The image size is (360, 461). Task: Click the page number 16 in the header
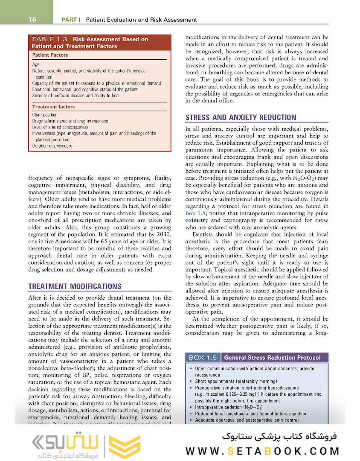point(32,20)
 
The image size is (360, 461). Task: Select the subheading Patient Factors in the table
point(50,55)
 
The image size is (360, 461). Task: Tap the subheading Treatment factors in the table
point(53,107)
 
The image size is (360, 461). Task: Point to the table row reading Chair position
point(45,115)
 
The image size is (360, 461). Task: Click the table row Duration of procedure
point(52,146)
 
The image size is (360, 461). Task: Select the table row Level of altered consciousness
point(60,127)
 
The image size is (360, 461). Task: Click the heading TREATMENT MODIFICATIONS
point(75,286)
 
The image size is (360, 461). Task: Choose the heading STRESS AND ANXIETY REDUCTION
point(241,117)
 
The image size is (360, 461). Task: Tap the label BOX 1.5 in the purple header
point(203,357)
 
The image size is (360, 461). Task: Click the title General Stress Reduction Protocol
point(273,357)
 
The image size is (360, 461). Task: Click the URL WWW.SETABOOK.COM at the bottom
point(263,451)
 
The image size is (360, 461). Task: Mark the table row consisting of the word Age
point(36,65)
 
